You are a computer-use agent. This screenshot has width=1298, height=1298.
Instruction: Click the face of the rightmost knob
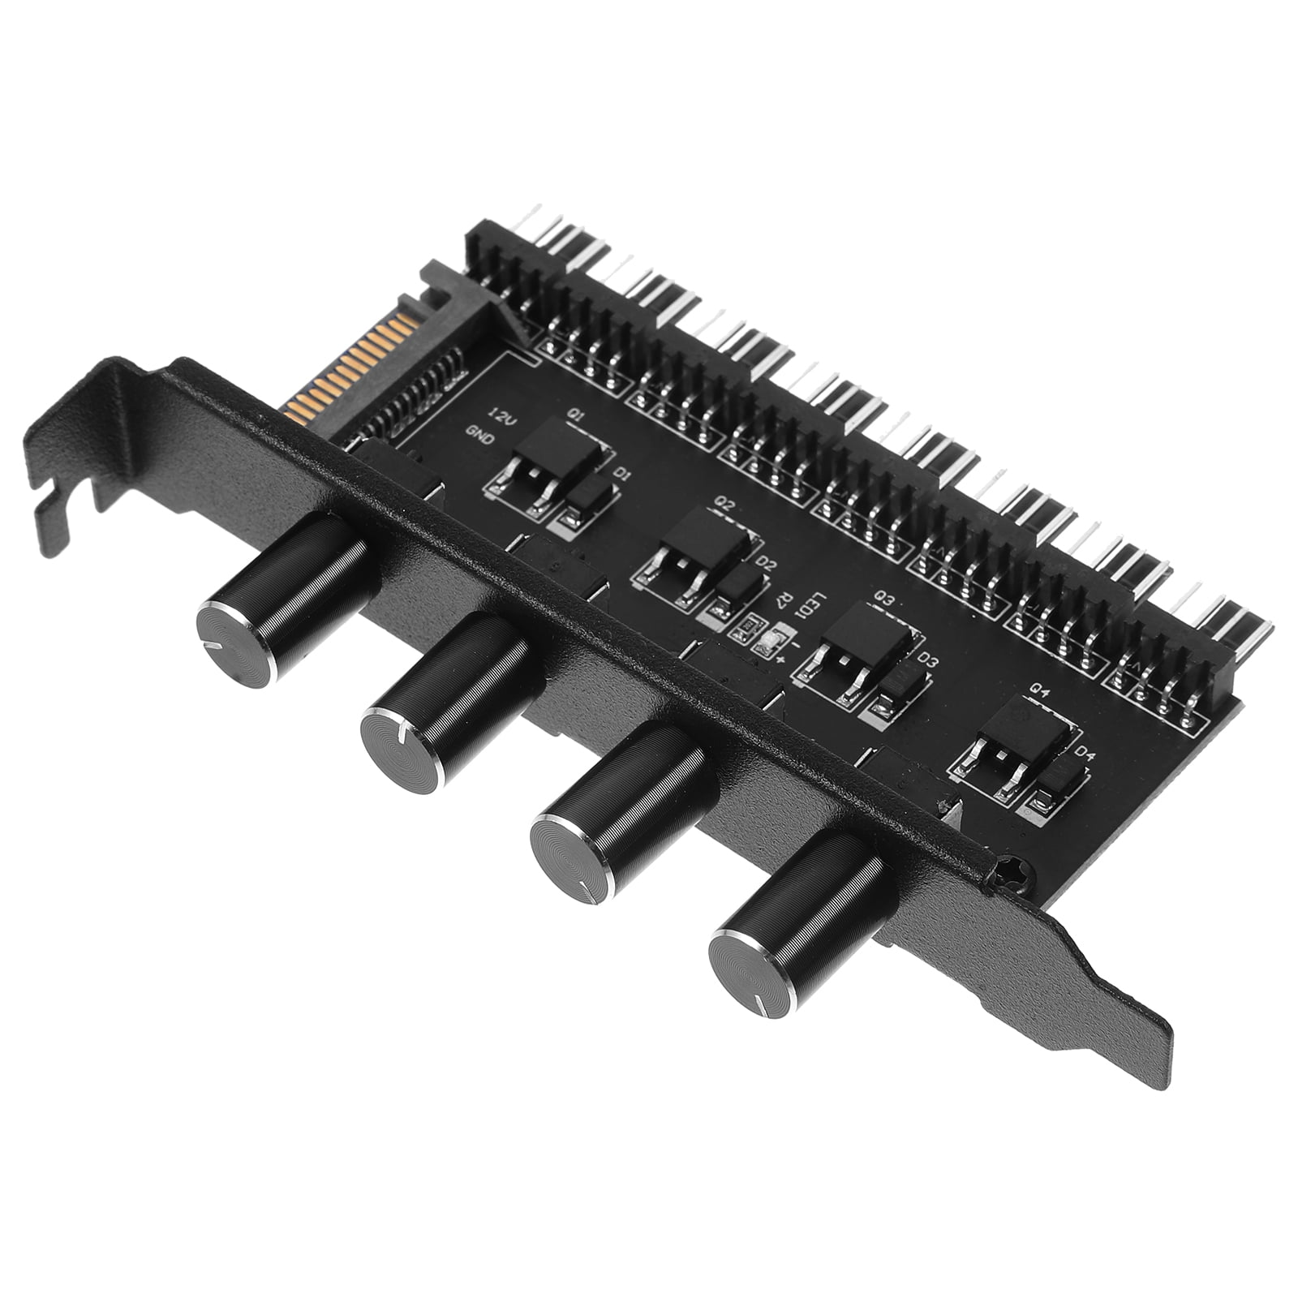tap(750, 973)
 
